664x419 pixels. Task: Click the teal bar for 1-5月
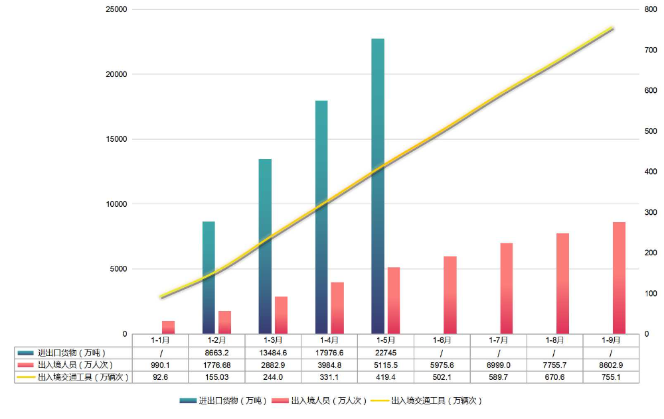(x=378, y=186)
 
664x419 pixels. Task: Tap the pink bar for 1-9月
(x=619, y=278)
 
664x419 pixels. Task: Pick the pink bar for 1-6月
(x=450, y=295)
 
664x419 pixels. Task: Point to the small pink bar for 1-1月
(x=168, y=328)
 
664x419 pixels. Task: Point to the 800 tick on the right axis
(x=651, y=10)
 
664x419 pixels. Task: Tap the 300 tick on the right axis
(x=651, y=213)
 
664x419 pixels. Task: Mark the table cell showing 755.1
(x=611, y=377)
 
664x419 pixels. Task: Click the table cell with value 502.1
(x=442, y=377)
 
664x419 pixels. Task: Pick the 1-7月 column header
(x=499, y=340)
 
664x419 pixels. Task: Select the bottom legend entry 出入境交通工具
(x=435, y=401)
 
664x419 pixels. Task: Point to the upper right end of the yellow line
(x=613, y=29)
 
